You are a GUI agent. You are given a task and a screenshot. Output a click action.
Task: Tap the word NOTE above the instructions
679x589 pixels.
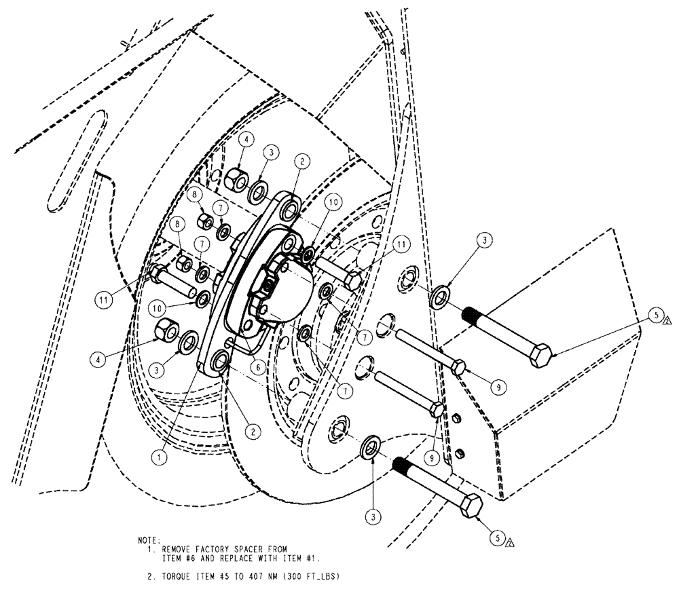pyautogui.click(x=149, y=541)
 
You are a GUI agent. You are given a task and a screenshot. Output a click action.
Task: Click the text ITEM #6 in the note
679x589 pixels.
pyautogui.click(x=180, y=558)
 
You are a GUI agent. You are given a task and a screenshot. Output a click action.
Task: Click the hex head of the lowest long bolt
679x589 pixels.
pyautogui.click(x=471, y=506)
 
